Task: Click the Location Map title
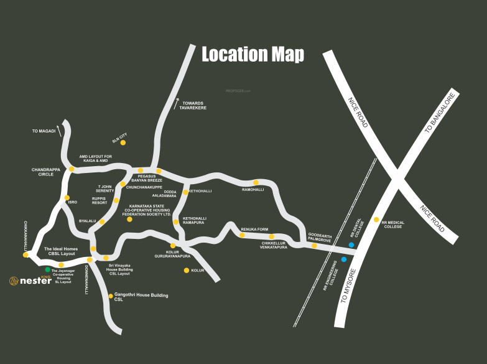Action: click(x=253, y=55)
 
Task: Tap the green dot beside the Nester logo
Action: click(x=48, y=269)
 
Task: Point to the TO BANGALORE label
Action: click(x=440, y=113)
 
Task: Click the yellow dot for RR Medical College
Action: click(x=376, y=220)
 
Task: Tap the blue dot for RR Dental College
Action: click(x=351, y=245)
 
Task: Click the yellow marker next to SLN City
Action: click(x=123, y=143)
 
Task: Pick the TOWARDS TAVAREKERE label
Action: click(x=193, y=106)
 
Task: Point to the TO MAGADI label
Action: click(x=44, y=131)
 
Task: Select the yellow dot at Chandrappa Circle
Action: click(x=72, y=169)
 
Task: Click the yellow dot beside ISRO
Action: click(x=67, y=198)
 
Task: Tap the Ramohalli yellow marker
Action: click(x=256, y=182)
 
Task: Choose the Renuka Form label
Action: click(x=254, y=229)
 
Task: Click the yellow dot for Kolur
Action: click(x=186, y=270)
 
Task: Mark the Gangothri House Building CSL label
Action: click(x=141, y=297)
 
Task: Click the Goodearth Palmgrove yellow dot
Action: click(x=314, y=246)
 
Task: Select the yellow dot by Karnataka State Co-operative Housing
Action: click(x=129, y=219)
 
